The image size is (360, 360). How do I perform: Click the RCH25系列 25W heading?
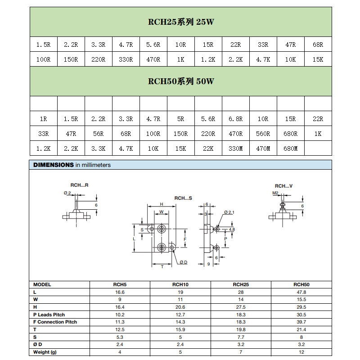181,22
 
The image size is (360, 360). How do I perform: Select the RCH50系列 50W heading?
181,81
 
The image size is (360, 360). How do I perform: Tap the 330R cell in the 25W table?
126,59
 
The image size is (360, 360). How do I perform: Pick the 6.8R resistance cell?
235,119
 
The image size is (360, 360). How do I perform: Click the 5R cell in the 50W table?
181,119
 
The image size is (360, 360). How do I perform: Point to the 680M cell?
290,148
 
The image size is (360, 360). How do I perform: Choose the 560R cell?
263,134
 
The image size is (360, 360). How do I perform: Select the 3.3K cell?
98,148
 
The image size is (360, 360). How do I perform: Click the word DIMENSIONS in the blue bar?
54,165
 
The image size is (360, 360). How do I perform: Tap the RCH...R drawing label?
79,185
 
